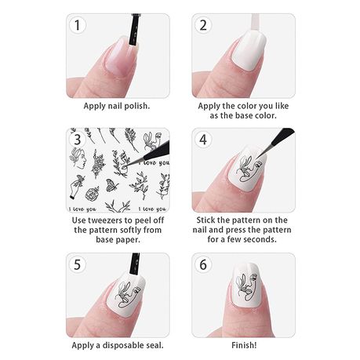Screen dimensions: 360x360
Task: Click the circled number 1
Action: tap(77, 25)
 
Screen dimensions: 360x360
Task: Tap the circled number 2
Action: tap(203, 25)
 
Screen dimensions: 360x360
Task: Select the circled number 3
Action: tap(77, 140)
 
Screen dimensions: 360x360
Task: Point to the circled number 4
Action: tap(203, 140)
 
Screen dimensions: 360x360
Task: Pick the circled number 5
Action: tap(77, 264)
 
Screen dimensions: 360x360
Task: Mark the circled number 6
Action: tap(203, 264)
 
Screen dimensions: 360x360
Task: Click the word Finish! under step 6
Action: tap(244, 345)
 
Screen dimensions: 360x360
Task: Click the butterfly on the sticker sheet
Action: tap(111, 185)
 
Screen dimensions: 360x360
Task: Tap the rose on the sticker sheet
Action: tap(92, 194)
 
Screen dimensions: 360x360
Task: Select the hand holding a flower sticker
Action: tap(77, 187)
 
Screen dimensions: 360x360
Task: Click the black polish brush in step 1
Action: tap(134, 30)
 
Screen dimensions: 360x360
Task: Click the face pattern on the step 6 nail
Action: tap(246, 287)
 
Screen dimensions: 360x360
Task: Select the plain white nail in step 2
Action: tap(249, 52)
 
